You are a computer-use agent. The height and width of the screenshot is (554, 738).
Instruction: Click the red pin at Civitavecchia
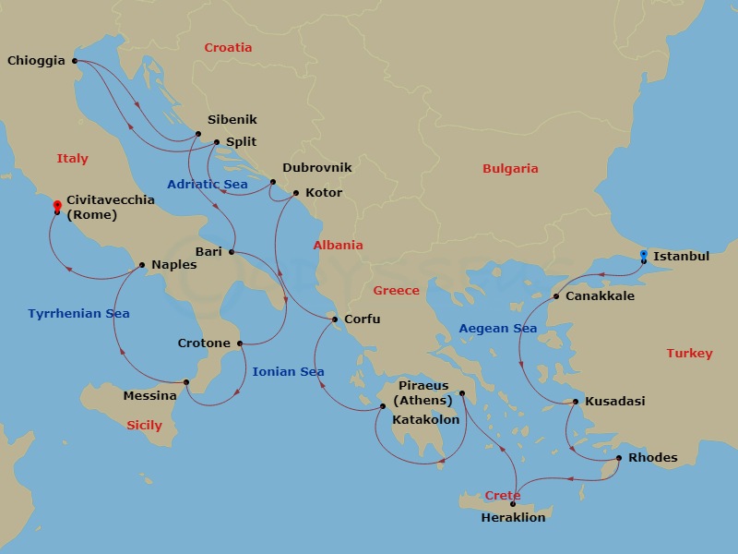57,207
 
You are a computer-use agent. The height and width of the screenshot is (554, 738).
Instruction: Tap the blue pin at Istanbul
643,256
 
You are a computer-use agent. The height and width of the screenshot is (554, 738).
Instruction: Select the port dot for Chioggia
75,62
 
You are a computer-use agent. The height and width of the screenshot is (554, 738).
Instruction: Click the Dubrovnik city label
317,168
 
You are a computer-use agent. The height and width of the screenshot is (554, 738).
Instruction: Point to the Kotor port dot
295,193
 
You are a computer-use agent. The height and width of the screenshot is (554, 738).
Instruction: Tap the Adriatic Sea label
208,185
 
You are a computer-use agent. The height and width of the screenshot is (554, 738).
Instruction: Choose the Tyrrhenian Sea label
78,314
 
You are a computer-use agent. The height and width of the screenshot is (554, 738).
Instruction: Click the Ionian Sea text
288,371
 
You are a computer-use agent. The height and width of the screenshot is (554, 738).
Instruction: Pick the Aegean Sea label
498,329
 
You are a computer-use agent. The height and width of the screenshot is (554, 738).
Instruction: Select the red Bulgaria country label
510,169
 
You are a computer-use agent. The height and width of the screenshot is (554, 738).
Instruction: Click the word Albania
338,246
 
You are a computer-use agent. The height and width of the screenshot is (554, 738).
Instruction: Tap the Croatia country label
228,48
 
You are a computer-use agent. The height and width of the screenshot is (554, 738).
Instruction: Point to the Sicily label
144,426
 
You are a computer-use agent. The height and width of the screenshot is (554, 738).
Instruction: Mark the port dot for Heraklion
512,504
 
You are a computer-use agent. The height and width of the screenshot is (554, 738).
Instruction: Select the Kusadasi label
615,402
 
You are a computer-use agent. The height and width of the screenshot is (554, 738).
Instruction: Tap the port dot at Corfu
335,319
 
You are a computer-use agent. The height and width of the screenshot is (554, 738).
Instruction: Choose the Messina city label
149,396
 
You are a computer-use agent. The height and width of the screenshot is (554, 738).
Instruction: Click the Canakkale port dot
556,296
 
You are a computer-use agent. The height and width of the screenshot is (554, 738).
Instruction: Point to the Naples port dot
141,265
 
